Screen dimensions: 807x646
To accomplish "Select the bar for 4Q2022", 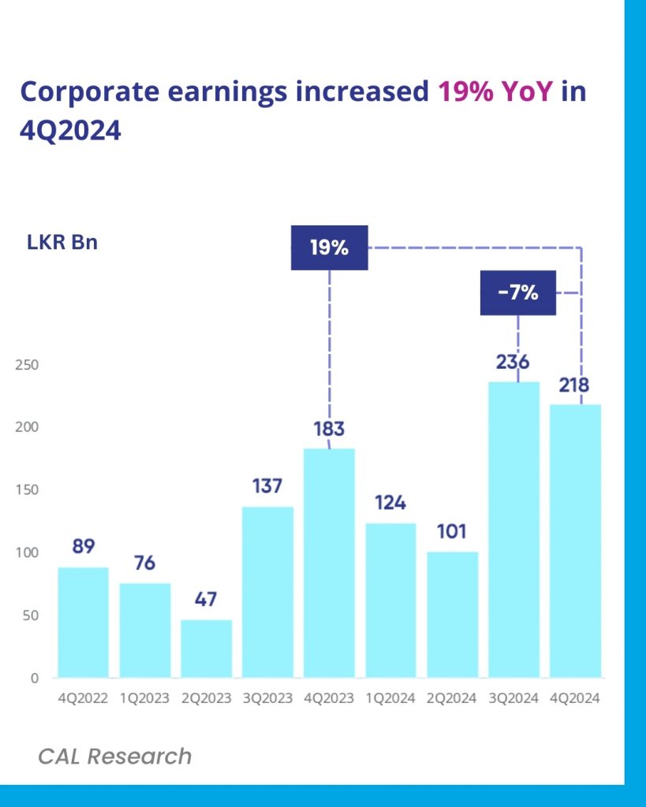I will coord(83,622).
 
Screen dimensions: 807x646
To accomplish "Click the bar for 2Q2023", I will coord(206,648).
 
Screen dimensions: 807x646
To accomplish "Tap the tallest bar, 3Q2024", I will coord(513,530).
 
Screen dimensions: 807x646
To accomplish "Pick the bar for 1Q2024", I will coord(390,600).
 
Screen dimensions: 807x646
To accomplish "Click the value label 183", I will coord(329,430).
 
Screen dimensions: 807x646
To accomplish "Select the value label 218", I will coord(575,386).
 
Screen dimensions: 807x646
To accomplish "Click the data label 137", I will coord(267,486).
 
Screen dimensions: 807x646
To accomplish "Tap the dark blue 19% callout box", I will coord(329,247).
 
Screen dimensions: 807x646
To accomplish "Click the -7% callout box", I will coord(517,293).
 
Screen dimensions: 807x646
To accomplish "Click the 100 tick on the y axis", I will coord(27,552).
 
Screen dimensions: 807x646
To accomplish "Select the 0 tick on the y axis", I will coord(35,678).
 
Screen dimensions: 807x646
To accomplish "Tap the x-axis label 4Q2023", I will coord(329,698).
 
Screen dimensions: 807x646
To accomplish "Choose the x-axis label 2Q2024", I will coord(452,698).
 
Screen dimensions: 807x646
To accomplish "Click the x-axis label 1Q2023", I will coord(144,698).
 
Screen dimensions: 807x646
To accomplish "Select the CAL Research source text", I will coord(114,757).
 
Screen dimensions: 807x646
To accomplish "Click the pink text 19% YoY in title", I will coord(496,92).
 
